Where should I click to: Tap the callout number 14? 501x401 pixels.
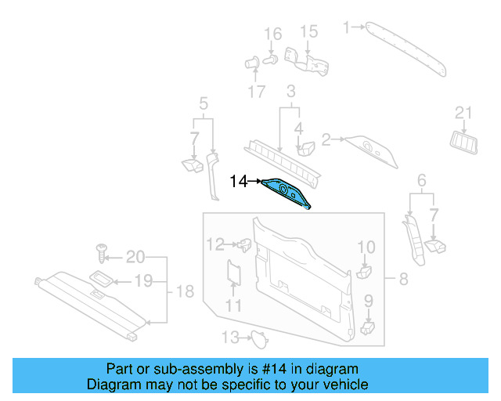click(239, 182)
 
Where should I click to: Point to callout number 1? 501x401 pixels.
click(346, 27)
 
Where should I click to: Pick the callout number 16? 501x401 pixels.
click(272, 34)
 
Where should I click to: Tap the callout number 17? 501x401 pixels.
click(258, 92)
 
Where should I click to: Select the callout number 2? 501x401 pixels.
click(326, 139)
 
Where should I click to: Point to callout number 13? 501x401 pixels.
click(229, 338)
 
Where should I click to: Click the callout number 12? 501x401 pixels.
click(215, 244)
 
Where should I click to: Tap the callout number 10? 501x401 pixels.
click(366, 247)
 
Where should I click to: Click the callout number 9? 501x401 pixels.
click(368, 300)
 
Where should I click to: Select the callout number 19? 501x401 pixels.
click(142, 280)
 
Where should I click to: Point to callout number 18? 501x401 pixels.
click(184, 292)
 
